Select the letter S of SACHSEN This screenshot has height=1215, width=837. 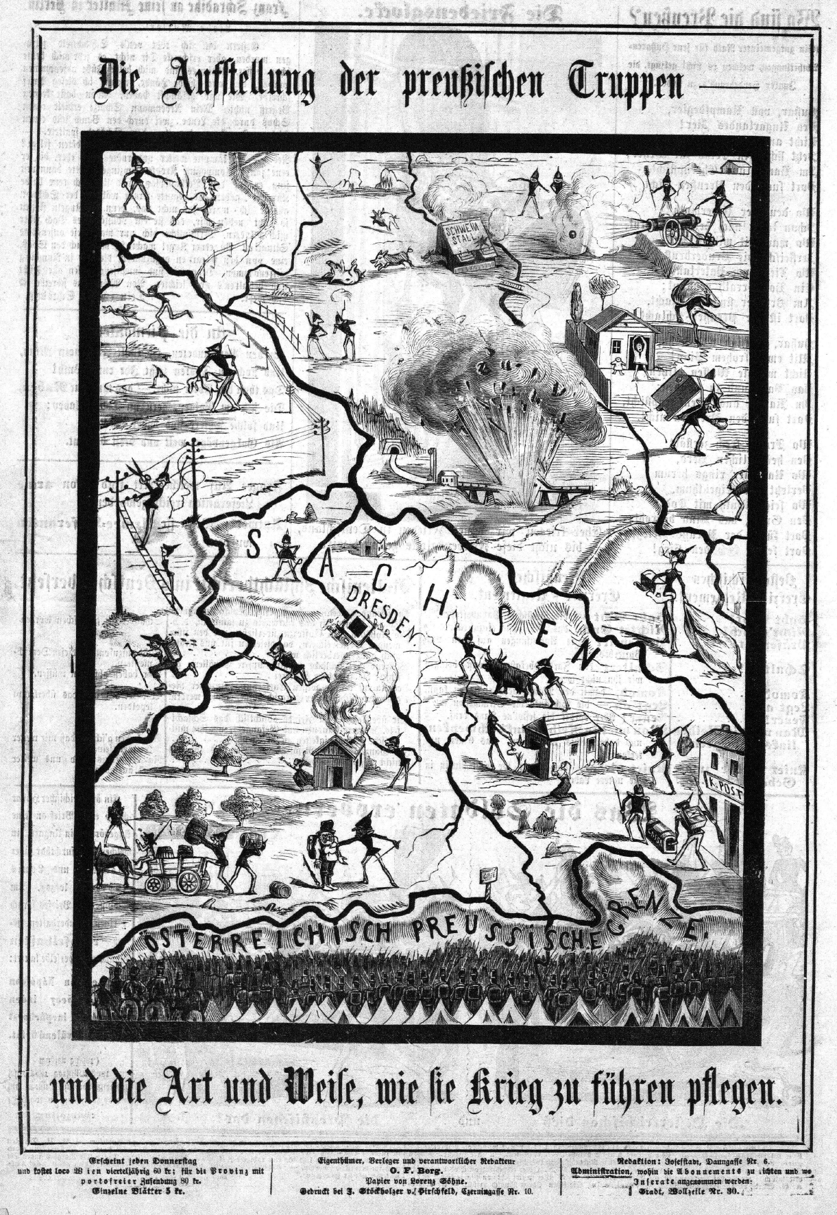tap(251, 546)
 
